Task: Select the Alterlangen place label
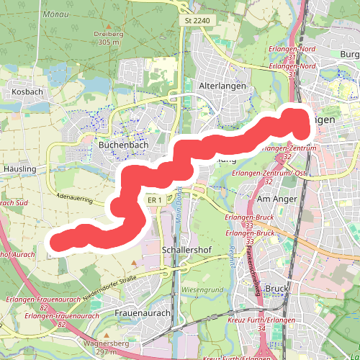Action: pos(222,85)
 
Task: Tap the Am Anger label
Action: pos(272,197)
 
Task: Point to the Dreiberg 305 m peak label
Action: pos(110,38)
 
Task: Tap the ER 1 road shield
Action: pos(153,199)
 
